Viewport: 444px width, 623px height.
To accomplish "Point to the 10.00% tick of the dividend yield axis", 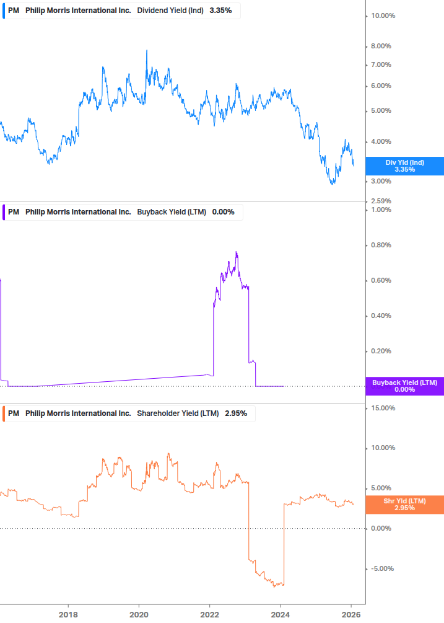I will [x=383, y=15].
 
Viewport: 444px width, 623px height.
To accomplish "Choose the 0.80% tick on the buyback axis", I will [x=381, y=245].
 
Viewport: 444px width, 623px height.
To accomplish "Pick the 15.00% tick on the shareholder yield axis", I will [x=383, y=408].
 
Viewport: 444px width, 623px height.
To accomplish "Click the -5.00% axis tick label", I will [x=381, y=568].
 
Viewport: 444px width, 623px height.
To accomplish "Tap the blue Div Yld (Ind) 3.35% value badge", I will [x=404, y=166].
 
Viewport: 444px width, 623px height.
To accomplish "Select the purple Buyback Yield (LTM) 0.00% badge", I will [x=404, y=386].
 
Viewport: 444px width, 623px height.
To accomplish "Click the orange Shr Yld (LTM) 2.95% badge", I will [x=404, y=504].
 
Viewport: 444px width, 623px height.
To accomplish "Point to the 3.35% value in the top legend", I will [x=220, y=11].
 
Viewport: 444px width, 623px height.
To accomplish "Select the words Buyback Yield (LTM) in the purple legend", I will [x=172, y=212].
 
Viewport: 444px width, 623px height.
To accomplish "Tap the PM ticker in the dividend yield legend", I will [x=14, y=11].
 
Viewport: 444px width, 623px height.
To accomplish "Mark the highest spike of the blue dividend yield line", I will [x=147, y=50].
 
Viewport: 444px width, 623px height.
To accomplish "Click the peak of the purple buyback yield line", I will [x=237, y=252].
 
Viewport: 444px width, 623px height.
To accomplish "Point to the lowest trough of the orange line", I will [x=274, y=586].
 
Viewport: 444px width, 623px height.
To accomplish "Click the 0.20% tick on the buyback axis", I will [x=381, y=351].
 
